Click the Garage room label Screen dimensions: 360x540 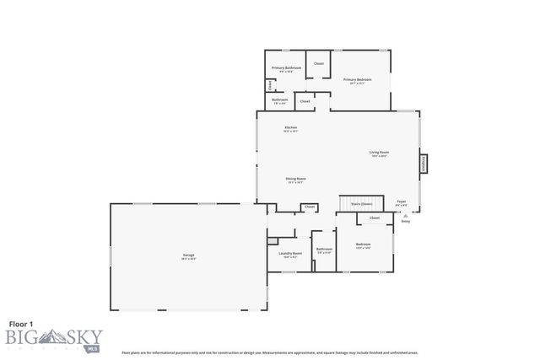[189, 255]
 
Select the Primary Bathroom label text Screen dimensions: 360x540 [286, 68]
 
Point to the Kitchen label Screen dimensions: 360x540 [290, 128]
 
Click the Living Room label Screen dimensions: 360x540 [379, 153]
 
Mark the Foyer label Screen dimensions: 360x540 [402, 201]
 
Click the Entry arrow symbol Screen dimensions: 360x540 [406, 216]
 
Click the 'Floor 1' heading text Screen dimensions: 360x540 [23, 323]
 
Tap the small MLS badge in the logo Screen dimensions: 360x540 [82, 346]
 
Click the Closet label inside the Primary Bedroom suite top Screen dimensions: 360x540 [319, 63]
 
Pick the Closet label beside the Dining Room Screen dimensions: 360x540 [310, 206]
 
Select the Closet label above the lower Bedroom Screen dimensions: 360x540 [375, 218]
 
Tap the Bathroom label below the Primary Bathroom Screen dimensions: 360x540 [280, 100]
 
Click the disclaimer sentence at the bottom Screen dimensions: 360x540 [270, 352]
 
